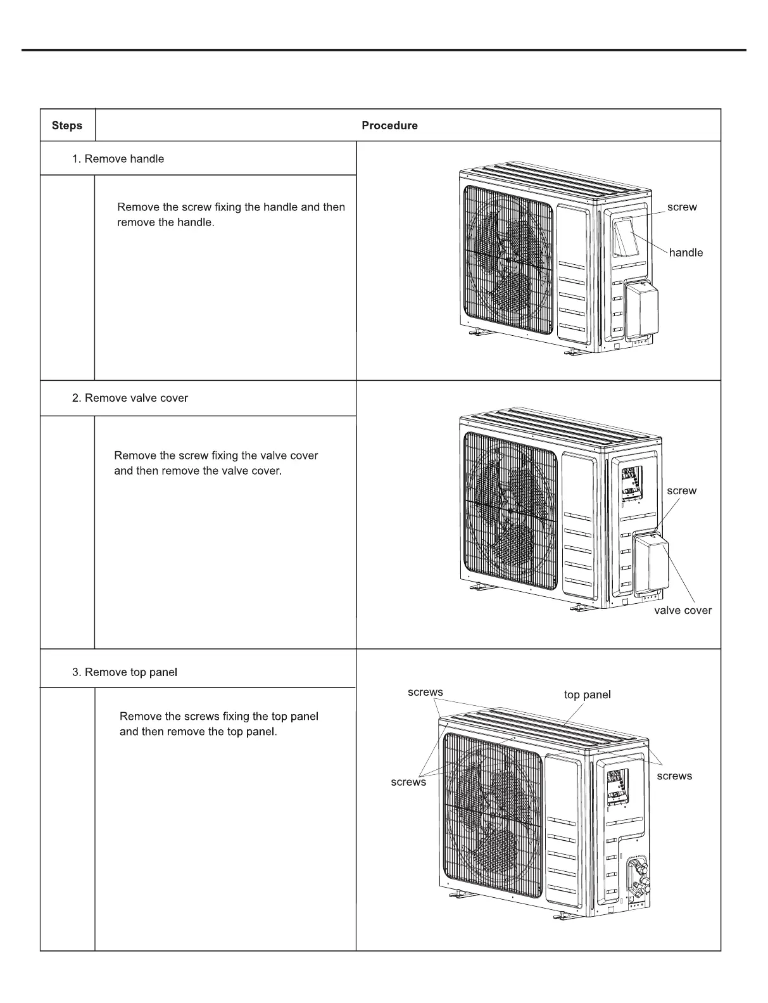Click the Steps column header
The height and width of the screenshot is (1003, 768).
click(x=67, y=125)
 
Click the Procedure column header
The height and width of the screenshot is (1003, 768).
click(x=389, y=125)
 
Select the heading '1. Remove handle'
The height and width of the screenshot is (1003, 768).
click(x=118, y=159)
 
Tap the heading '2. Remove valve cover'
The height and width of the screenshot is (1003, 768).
click(x=130, y=398)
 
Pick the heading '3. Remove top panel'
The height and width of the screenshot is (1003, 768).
click(x=125, y=672)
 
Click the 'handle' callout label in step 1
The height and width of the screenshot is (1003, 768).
click(x=686, y=253)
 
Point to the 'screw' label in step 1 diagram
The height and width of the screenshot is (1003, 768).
click(x=682, y=207)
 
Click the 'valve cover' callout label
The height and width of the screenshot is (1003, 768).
click(x=683, y=610)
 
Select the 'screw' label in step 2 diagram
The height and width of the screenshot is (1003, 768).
click(x=681, y=491)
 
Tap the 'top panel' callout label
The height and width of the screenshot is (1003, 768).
click(x=587, y=695)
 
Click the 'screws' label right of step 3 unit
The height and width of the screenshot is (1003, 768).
click(x=674, y=776)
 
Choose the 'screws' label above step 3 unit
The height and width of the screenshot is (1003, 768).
click(x=425, y=693)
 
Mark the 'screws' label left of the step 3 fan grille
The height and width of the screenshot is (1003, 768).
click(x=408, y=783)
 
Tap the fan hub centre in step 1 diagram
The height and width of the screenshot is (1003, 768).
click(x=508, y=259)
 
